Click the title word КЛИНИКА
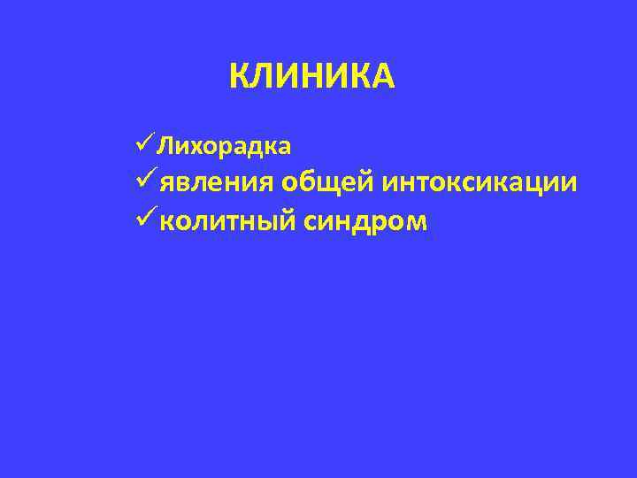pos(311,77)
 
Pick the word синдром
pos(365,220)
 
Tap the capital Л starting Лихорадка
pos(167,143)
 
